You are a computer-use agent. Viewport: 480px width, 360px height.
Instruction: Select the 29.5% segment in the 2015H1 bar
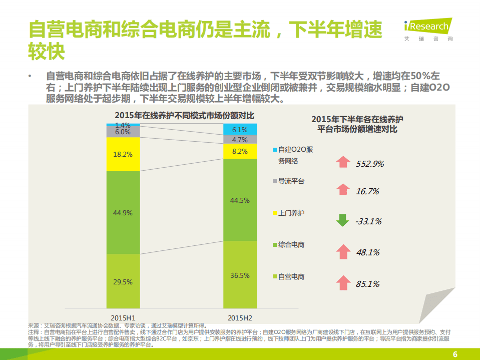123,281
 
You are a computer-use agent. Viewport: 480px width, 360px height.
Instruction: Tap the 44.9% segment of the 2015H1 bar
123,212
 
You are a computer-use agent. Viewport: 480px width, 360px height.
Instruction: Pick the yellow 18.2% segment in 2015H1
123,154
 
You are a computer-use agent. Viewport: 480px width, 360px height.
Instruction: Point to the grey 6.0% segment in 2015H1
123,132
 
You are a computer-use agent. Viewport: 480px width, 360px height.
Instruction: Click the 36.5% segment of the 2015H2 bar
240,275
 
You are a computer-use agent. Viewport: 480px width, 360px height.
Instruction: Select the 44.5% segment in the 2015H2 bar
240,200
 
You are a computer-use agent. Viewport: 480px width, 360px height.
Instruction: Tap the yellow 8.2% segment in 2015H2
240,151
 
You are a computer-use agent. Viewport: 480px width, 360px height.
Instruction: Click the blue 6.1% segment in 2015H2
240,129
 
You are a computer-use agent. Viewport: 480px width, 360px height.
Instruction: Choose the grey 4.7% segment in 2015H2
240,140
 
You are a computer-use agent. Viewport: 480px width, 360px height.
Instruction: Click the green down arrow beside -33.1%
342,220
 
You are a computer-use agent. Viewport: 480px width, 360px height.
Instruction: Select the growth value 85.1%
367,284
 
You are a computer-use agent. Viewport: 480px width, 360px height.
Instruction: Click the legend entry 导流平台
291,181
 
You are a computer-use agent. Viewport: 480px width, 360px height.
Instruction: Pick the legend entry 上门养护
291,213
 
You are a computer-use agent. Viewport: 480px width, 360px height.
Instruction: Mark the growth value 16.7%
367,191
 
